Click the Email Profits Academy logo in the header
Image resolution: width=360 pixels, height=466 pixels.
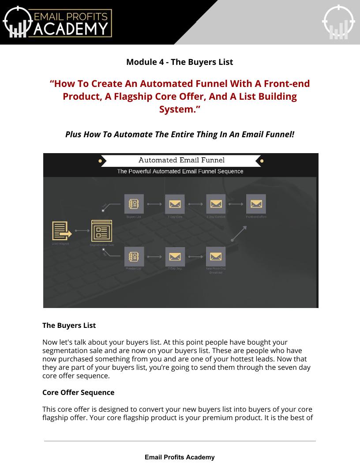click(x=57, y=22)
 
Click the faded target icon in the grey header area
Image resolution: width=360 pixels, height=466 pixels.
click(x=338, y=22)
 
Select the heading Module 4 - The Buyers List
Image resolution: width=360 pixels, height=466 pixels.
click(x=180, y=62)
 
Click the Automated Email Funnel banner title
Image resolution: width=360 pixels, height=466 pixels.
click(x=181, y=160)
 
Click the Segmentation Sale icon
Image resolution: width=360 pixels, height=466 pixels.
click(x=101, y=230)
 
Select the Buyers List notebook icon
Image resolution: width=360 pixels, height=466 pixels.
click(x=134, y=204)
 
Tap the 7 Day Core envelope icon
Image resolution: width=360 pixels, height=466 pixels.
click(x=175, y=204)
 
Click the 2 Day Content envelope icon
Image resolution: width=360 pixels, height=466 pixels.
click(x=216, y=204)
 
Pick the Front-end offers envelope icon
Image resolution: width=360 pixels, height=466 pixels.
click(x=256, y=204)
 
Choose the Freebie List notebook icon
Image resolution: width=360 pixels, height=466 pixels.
click(x=134, y=256)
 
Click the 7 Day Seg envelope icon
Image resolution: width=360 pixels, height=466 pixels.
click(x=175, y=256)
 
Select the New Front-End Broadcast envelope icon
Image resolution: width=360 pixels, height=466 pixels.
click(x=216, y=256)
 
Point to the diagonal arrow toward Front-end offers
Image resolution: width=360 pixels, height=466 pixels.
click(x=239, y=233)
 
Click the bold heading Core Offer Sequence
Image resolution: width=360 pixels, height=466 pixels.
click(x=78, y=392)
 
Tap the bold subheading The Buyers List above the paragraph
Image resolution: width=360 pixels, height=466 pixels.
click(x=69, y=325)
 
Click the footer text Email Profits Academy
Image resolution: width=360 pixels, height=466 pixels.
click(x=180, y=457)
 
